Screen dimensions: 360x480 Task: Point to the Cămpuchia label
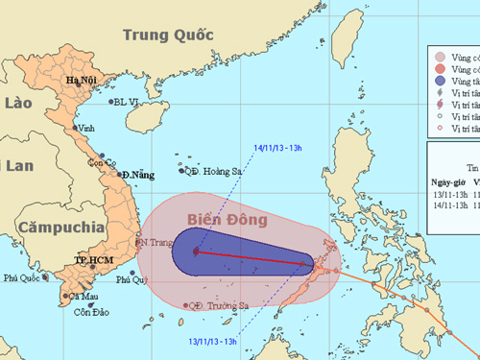click(60, 228)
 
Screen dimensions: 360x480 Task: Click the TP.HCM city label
click(94, 260)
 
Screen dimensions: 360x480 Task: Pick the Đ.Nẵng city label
click(136, 175)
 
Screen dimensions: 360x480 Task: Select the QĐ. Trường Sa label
click(219, 306)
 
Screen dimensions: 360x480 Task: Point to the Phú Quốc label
click(24, 278)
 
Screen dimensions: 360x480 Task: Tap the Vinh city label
click(87, 128)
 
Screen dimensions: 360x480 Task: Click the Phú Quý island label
click(134, 279)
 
